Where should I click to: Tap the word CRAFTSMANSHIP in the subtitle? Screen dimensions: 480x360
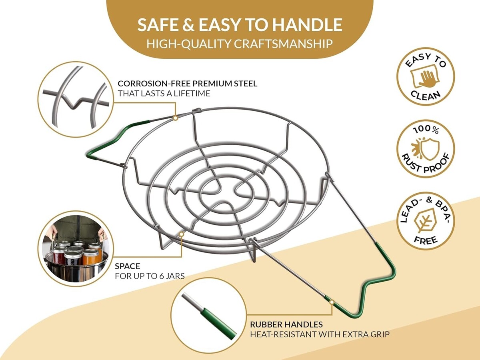(x=283, y=44)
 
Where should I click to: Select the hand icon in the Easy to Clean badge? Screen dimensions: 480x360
(x=425, y=78)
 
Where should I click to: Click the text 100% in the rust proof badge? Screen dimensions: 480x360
(x=426, y=130)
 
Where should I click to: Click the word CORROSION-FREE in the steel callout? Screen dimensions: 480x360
(x=154, y=84)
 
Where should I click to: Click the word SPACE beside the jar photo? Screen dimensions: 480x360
(x=128, y=266)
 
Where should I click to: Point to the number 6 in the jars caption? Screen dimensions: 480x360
(x=162, y=276)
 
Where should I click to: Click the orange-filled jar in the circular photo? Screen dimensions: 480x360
(x=90, y=257)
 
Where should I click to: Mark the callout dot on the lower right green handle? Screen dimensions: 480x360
(x=332, y=302)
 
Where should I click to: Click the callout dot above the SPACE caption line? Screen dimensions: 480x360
(x=181, y=234)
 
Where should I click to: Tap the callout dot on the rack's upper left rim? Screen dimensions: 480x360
(x=175, y=118)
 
